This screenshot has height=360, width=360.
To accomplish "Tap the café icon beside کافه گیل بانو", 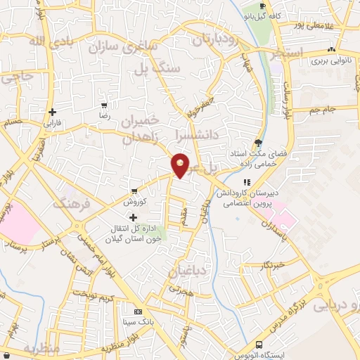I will click(262, 6).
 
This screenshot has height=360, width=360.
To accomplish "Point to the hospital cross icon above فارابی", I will click(53, 111).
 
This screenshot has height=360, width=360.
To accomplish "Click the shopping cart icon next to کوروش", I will click(134, 191).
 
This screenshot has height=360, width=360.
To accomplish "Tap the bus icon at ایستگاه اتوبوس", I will click(259, 345).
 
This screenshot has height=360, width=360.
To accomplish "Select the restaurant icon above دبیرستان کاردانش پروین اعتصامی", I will click(246, 181).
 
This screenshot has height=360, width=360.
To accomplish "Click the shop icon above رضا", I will click(103, 105).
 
